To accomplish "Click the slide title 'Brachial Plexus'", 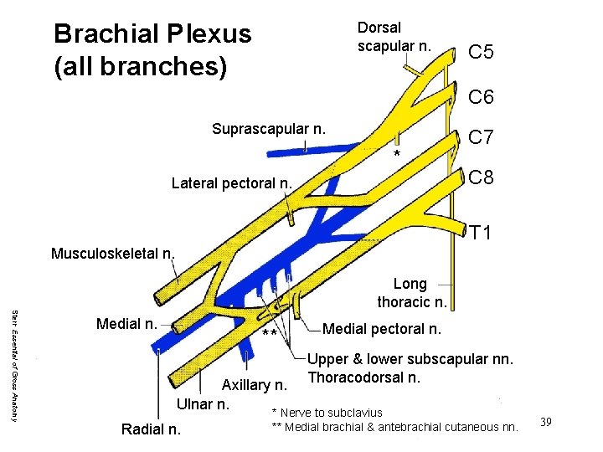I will click(x=152, y=34).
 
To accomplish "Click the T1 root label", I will click(x=481, y=232).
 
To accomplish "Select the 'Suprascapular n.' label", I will click(x=268, y=129).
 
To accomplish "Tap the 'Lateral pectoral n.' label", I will click(x=231, y=183).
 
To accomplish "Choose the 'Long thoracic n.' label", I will click(x=411, y=293).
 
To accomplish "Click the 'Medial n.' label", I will click(x=126, y=324).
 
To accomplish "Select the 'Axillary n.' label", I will click(x=255, y=385).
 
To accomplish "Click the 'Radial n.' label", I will click(x=150, y=429).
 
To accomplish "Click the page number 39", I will click(x=546, y=421).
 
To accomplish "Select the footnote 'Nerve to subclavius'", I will click(x=331, y=412).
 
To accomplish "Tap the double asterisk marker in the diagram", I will click(x=270, y=334).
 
